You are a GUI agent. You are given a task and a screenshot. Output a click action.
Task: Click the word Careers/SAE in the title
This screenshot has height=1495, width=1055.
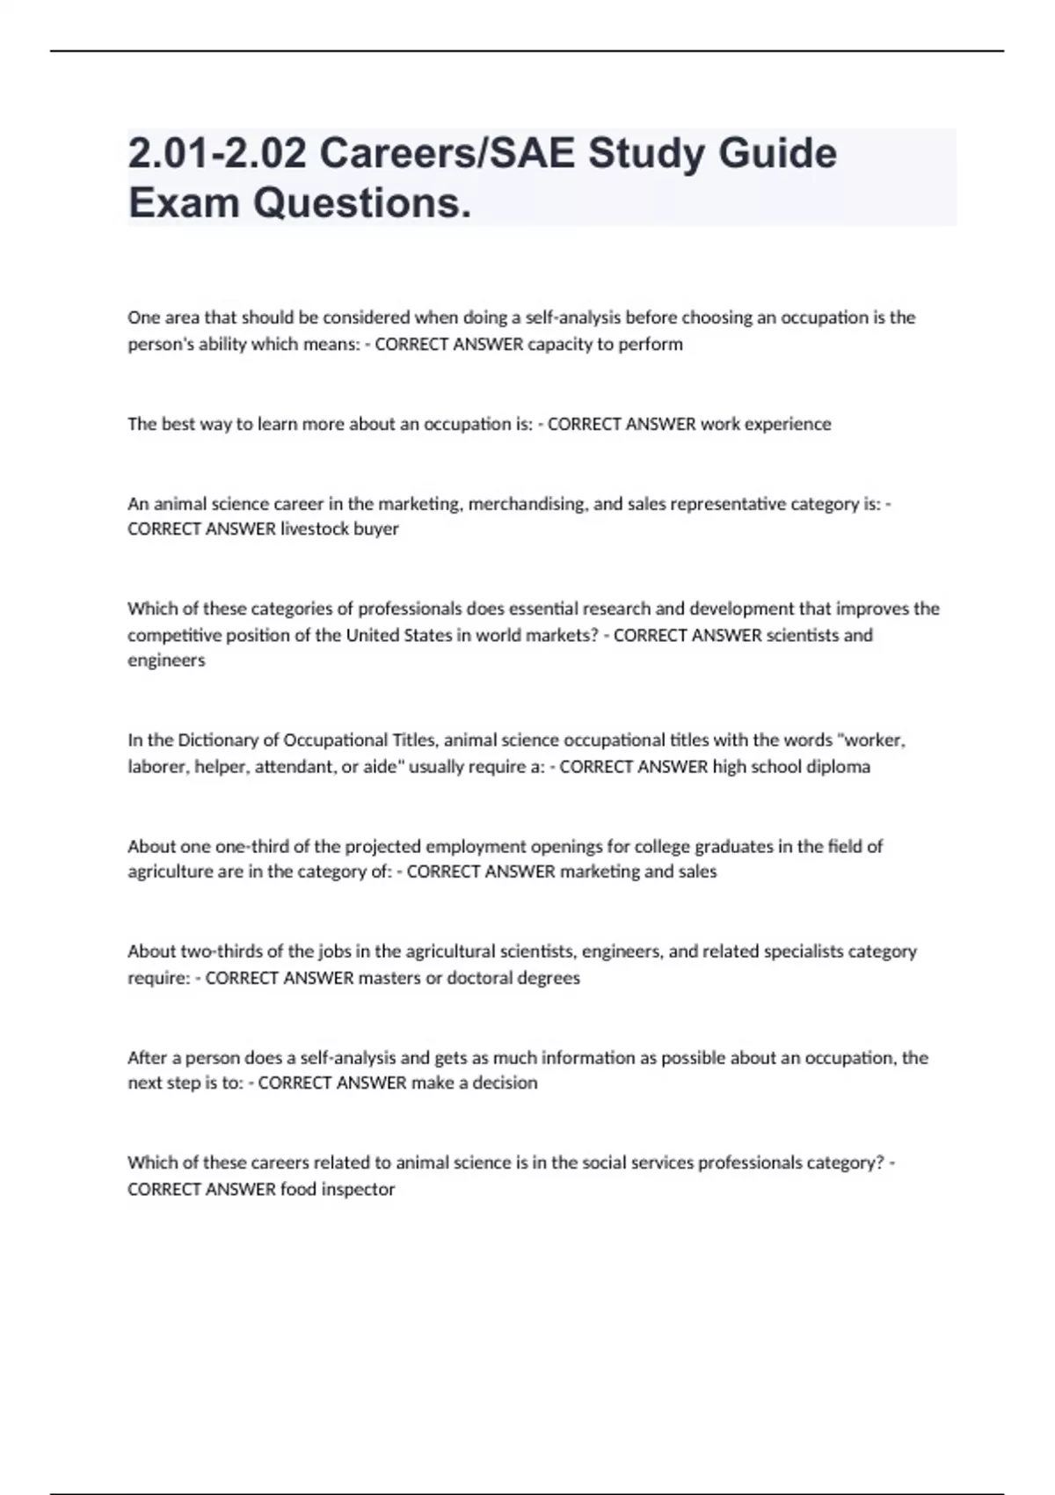click(x=447, y=153)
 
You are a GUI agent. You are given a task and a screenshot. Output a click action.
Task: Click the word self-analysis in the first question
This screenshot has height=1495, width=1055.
click(x=572, y=317)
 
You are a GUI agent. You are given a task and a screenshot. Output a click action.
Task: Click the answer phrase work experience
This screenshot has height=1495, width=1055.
click(x=765, y=424)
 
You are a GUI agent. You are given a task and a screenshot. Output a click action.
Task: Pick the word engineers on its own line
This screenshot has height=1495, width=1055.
click(x=166, y=660)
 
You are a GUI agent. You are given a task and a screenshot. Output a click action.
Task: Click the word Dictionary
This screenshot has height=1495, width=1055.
click(x=215, y=740)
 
